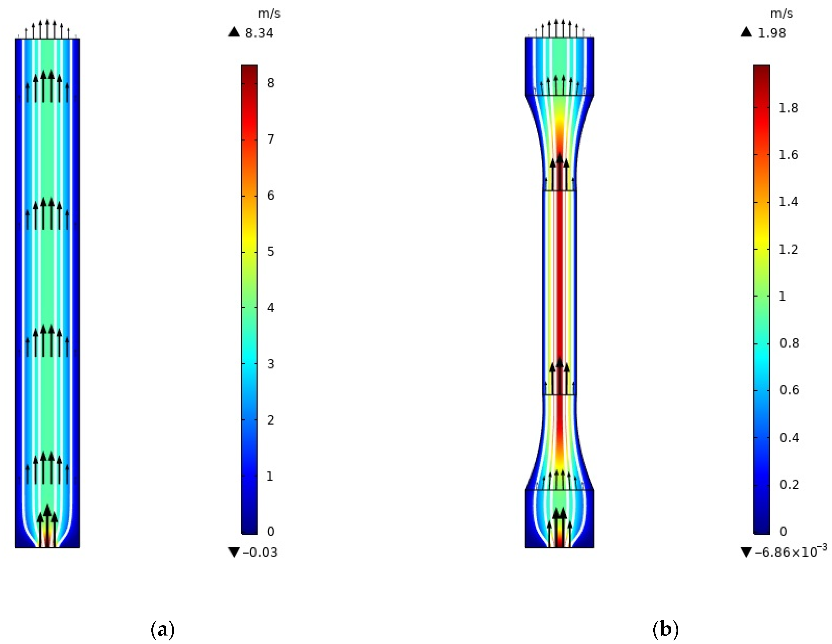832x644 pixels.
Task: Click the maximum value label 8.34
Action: point(259,33)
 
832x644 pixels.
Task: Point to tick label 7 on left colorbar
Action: point(270,139)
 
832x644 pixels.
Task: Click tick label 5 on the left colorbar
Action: point(270,252)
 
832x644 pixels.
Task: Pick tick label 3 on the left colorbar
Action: point(270,364)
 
